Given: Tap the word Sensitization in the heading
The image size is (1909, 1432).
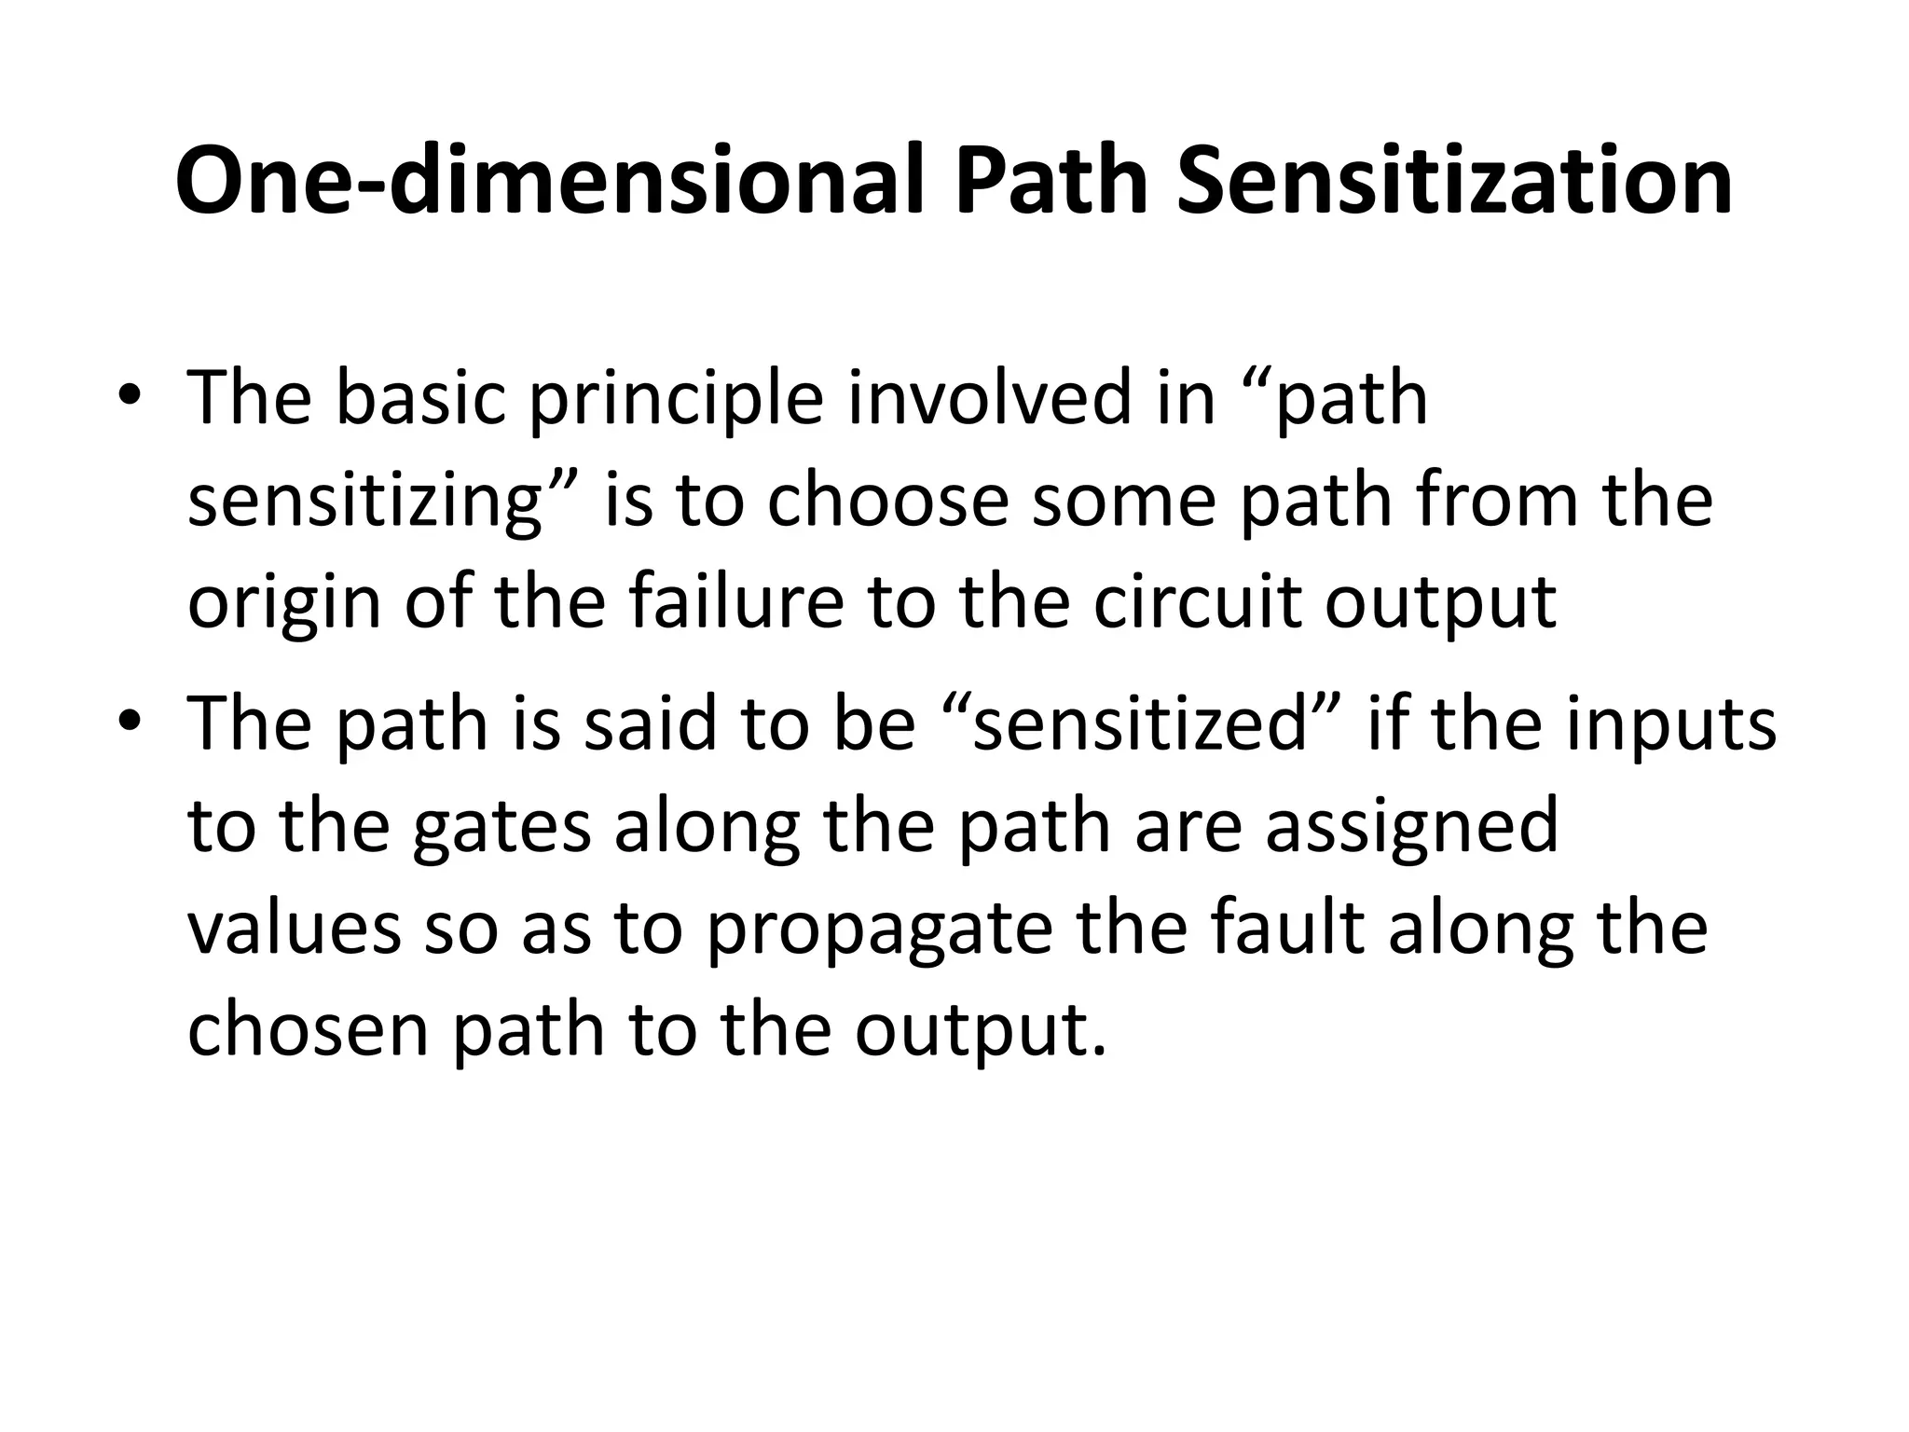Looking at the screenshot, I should (1454, 182).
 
